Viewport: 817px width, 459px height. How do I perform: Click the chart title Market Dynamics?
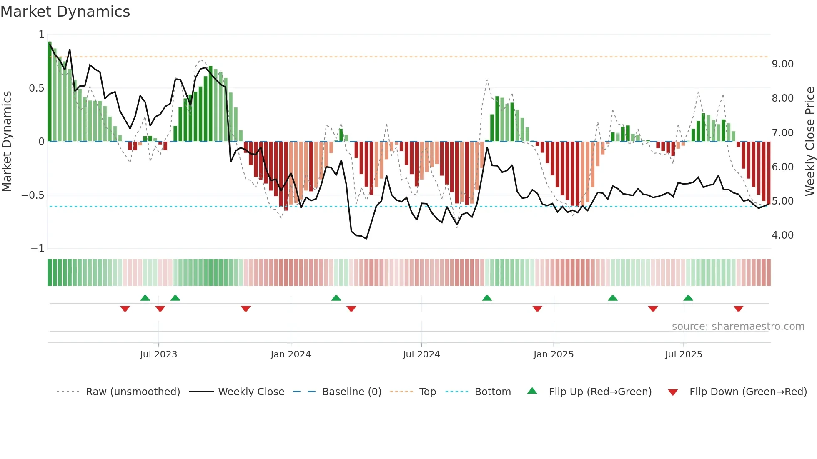pyautogui.click(x=65, y=12)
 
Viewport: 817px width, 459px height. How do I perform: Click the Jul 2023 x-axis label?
pyautogui.click(x=158, y=354)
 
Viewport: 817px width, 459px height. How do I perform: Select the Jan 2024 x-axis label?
pyautogui.click(x=291, y=354)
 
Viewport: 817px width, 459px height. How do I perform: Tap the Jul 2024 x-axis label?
pyautogui.click(x=421, y=354)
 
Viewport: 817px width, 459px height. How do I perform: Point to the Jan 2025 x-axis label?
pyautogui.click(x=554, y=354)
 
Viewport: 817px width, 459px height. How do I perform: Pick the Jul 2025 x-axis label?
pyautogui.click(x=684, y=354)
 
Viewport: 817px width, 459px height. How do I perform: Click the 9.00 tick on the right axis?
pyautogui.click(x=782, y=64)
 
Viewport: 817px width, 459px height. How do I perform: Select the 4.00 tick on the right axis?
pyautogui.click(x=782, y=235)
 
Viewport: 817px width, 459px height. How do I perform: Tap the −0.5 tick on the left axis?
pyautogui.click(x=33, y=195)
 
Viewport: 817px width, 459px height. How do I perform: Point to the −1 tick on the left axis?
pyautogui.click(x=38, y=249)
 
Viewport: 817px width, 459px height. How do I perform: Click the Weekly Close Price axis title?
pyautogui.click(x=809, y=141)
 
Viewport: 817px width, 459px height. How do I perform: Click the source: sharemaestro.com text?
pyautogui.click(x=738, y=327)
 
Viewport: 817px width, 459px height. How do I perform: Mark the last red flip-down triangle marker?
pyautogui.click(x=738, y=309)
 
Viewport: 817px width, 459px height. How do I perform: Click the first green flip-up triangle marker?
pyautogui.click(x=145, y=298)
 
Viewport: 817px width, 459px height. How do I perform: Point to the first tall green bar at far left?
pyautogui.click(x=50, y=92)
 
